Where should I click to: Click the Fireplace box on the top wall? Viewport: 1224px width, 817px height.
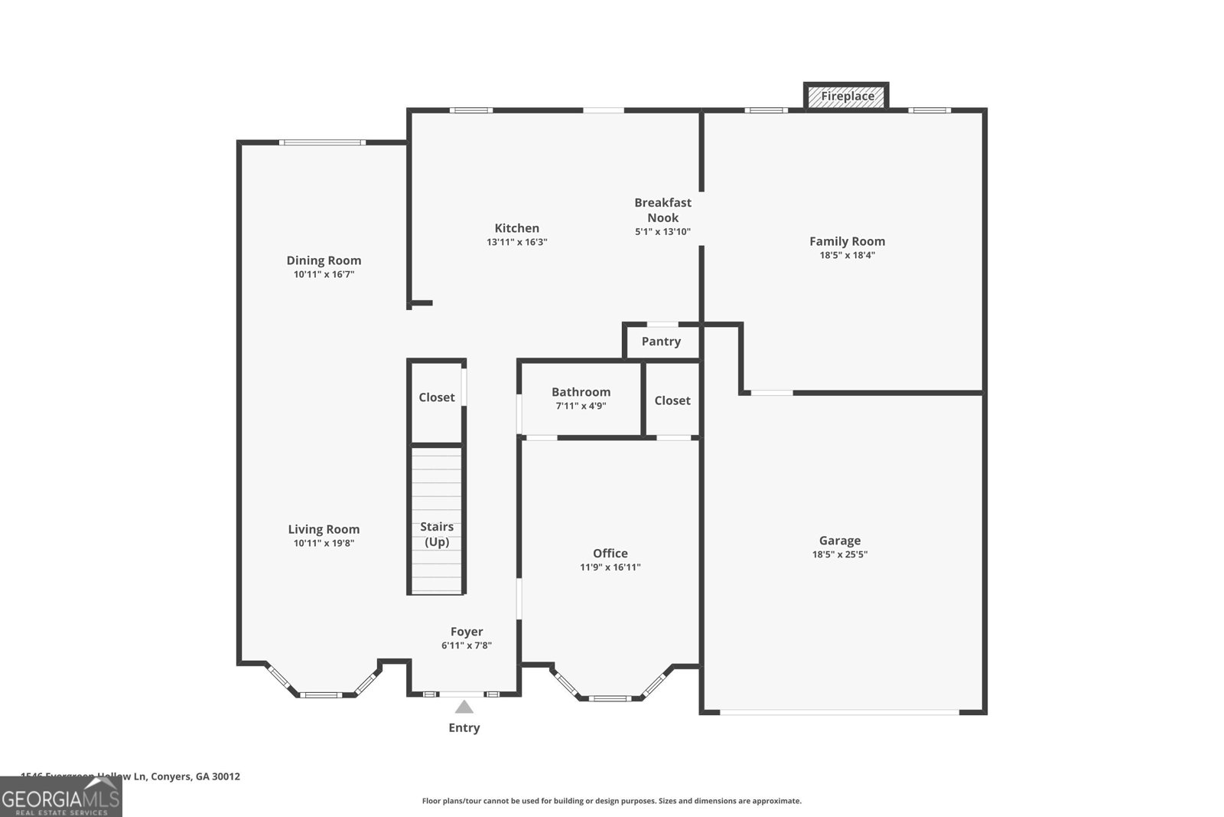pyautogui.click(x=847, y=96)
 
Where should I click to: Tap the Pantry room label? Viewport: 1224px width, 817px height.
pyautogui.click(x=661, y=342)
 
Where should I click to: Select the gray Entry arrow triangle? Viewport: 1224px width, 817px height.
pyautogui.click(x=464, y=707)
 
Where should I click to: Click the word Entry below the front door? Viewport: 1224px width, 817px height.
pyautogui.click(x=464, y=727)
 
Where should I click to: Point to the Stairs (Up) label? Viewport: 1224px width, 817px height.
pyautogui.click(x=437, y=534)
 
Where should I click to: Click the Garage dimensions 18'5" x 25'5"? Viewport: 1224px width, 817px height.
pyautogui.click(x=840, y=554)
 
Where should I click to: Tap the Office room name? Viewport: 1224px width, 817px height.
pyautogui.click(x=610, y=553)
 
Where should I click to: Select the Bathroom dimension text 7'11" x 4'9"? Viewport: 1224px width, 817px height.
pyautogui.click(x=581, y=406)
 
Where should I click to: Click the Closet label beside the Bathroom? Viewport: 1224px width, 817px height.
pyautogui.click(x=672, y=400)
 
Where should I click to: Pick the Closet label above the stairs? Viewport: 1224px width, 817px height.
pyautogui.click(x=437, y=397)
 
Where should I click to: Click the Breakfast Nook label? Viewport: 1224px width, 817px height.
pyautogui.click(x=662, y=210)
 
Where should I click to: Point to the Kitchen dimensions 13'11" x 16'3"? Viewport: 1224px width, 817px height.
pyautogui.click(x=517, y=242)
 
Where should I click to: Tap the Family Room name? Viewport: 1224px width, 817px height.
pyautogui.click(x=847, y=241)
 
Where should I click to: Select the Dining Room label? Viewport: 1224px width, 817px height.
pyautogui.click(x=324, y=260)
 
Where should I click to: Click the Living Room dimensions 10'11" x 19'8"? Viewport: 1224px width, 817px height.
pyautogui.click(x=324, y=544)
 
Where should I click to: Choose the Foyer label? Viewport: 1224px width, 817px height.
pyautogui.click(x=467, y=632)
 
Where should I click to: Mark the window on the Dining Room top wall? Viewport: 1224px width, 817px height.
pyautogui.click(x=322, y=142)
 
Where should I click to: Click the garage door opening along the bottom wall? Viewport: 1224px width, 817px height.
pyautogui.click(x=840, y=712)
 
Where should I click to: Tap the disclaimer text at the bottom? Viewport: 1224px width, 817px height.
pyautogui.click(x=611, y=801)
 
